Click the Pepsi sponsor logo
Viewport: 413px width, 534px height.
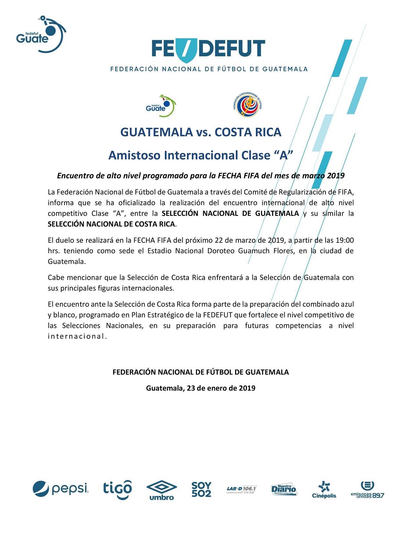pos(61,489)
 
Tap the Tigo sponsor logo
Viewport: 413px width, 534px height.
pos(118,489)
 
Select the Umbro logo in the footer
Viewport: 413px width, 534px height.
pos(162,490)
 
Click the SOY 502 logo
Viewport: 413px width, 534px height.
pos(201,489)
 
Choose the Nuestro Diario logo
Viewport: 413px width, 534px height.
pos(284,489)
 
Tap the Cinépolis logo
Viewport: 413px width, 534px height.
pos(324,489)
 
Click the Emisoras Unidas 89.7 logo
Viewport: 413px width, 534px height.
pos(368,490)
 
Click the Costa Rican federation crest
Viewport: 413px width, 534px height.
pos(248,105)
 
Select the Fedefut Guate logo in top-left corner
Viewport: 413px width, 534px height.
pos(41,34)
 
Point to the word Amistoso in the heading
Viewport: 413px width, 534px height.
pos(134,155)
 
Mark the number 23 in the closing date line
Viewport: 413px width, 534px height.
pos(191,388)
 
